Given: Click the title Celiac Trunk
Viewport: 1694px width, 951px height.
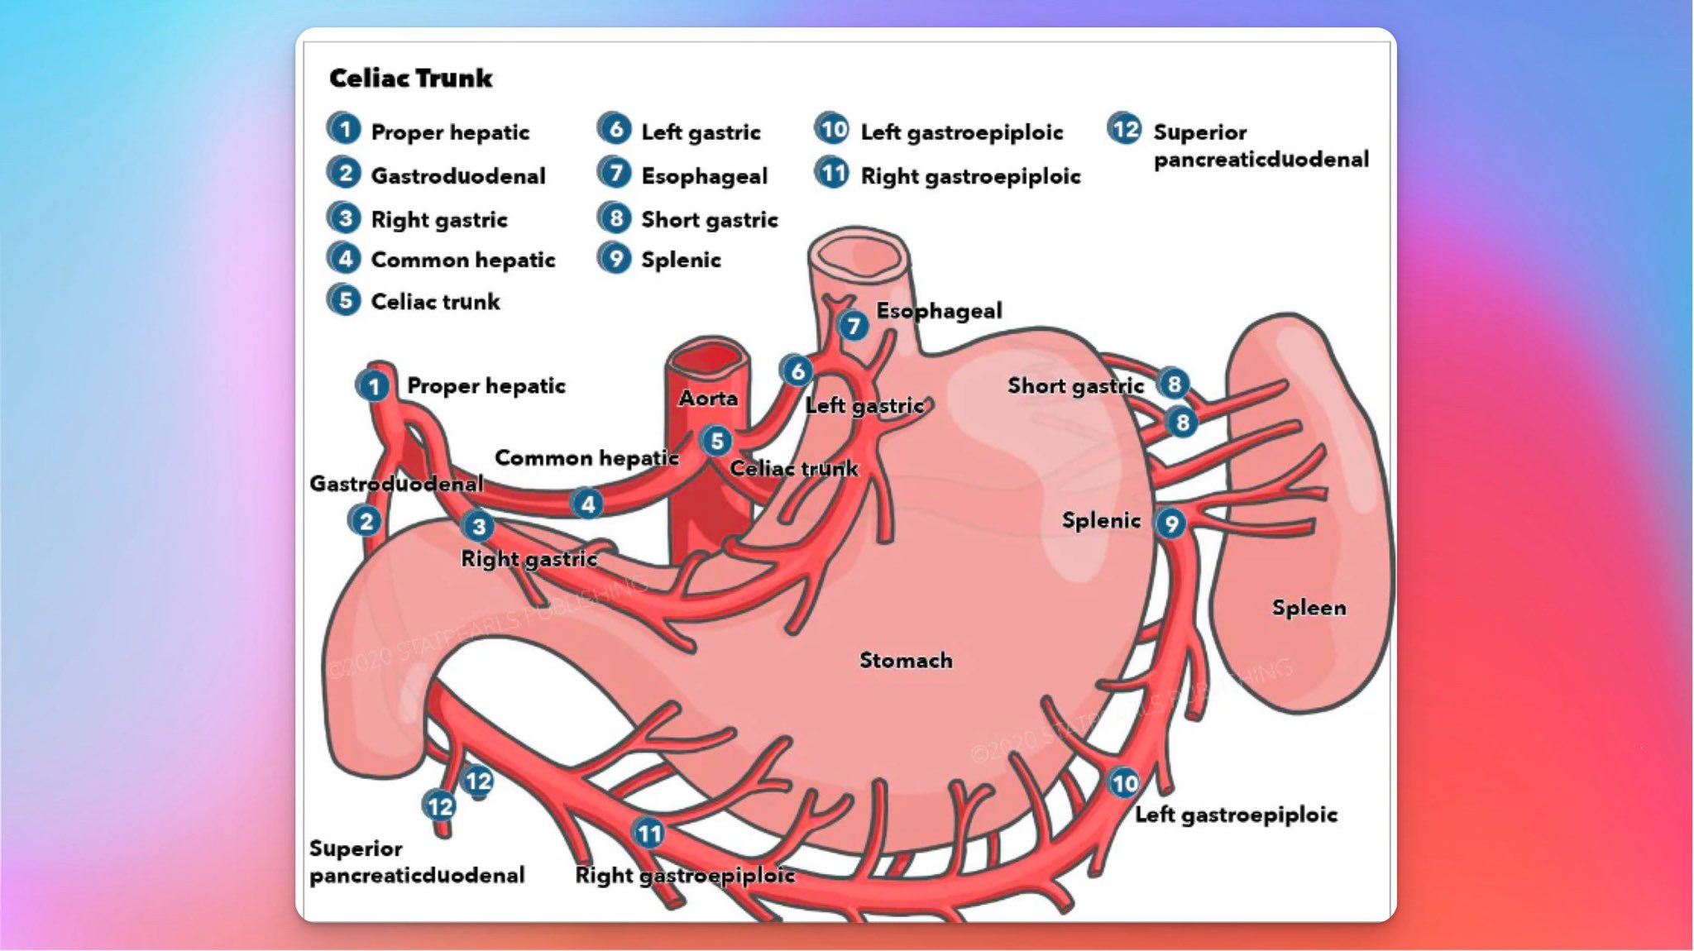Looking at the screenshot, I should click(x=410, y=78).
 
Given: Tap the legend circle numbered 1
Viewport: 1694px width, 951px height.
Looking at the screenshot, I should click(x=344, y=129).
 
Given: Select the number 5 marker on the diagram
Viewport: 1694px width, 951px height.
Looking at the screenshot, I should click(x=716, y=441).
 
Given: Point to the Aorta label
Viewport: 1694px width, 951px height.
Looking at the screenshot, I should click(x=708, y=399).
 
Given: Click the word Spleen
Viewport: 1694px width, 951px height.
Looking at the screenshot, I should click(x=1309, y=608).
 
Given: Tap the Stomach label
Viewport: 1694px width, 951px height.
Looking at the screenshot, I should click(x=906, y=660).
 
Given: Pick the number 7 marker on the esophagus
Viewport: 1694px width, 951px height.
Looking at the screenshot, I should click(x=853, y=326).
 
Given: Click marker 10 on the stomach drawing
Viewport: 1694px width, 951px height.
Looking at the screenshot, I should click(x=1124, y=782).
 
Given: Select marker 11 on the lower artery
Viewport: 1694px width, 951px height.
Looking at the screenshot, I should click(x=649, y=834).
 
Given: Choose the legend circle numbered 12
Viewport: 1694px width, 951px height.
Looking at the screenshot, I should click(x=1125, y=129).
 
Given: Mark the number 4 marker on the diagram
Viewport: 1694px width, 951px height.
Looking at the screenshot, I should click(x=587, y=504).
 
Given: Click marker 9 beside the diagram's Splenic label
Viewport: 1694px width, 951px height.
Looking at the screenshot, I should click(x=1170, y=523).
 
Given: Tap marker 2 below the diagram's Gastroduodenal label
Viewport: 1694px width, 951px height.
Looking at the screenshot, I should click(x=366, y=521).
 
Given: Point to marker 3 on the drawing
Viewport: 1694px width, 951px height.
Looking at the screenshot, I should click(x=478, y=526).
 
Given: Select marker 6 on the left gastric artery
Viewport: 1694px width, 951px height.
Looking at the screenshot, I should click(x=797, y=371).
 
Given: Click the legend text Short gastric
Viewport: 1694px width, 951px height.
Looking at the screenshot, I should click(x=710, y=219).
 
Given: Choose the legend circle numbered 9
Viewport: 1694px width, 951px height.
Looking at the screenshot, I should click(x=615, y=258).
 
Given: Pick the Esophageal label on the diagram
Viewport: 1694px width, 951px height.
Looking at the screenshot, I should click(x=939, y=311).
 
